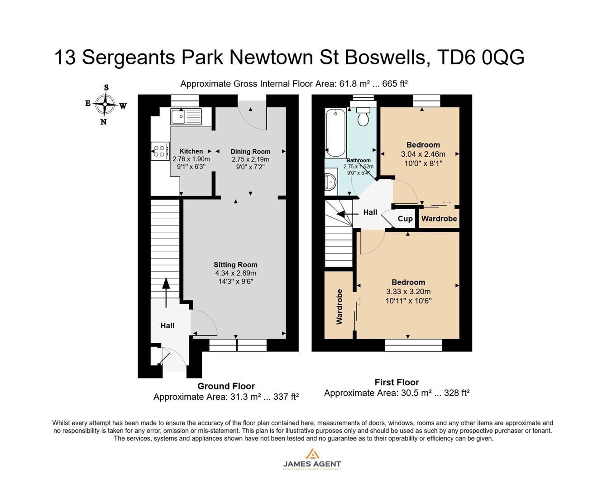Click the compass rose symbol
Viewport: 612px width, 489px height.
click(105, 105)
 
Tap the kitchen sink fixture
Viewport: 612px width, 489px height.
click(186, 117)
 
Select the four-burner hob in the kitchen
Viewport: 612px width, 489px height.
click(159, 151)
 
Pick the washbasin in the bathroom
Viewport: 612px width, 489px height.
click(330, 181)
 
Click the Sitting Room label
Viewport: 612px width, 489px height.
click(235, 265)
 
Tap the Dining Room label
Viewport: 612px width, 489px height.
click(250, 152)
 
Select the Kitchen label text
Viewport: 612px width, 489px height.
click(191, 151)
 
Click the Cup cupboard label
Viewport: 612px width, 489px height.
click(405, 219)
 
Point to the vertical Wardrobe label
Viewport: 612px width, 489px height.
click(339, 307)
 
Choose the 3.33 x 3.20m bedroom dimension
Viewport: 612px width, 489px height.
click(408, 292)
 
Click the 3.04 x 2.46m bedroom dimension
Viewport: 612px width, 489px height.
click(423, 154)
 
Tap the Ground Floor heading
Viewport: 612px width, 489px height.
click(226, 386)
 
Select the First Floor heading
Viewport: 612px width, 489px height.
click(397, 382)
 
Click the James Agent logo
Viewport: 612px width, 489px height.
click(311, 459)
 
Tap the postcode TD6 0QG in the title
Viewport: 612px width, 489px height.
click(481, 58)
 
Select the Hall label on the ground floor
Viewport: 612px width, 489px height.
click(167, 326)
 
